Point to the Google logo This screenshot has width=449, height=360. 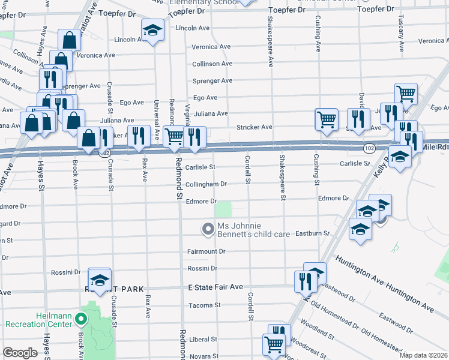pos(20,353)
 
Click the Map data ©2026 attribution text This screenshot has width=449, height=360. pos(423,355)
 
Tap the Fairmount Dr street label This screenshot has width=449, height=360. pos(206,251)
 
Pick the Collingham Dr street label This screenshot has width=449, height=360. pos(206,184)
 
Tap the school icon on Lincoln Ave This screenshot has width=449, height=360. pos(152,30)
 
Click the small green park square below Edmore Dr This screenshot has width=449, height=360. pos(223,209)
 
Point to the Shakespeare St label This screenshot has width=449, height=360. pos(281,174)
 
